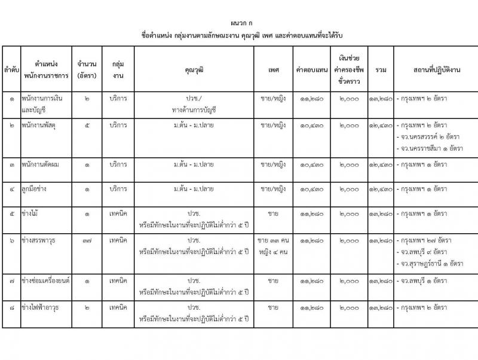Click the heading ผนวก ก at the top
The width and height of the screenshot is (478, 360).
click(238, 19)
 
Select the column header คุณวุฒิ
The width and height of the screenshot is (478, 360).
click(195, 70)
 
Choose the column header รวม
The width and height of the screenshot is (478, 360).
click(381, 70)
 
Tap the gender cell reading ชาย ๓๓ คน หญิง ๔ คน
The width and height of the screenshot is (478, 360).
click(273, 245)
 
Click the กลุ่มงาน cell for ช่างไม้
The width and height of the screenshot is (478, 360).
click(118, 213)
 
